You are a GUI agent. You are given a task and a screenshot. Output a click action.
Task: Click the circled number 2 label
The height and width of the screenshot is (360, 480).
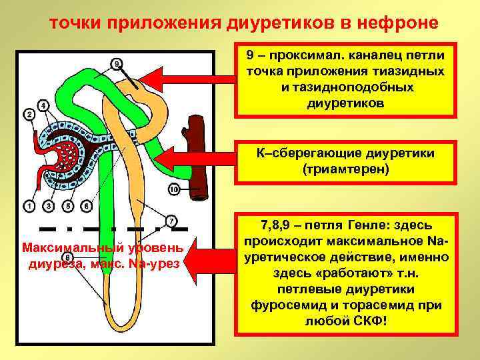point(29,114)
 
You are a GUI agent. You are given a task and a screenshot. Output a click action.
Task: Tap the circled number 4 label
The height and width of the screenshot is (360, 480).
point(43,105)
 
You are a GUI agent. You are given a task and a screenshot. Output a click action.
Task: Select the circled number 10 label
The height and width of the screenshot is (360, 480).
point(173,191)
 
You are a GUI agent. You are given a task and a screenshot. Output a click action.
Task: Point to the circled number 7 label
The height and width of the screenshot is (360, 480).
point(171,221)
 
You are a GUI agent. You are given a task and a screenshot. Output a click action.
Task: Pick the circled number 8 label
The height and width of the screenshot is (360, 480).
point(67,257)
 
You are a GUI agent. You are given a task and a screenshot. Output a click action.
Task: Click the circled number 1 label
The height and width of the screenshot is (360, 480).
point(29,206)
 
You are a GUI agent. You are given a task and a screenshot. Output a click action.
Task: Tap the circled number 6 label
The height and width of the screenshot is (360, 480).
point(86,206)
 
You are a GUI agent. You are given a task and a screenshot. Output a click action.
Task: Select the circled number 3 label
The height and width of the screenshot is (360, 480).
point(47,206)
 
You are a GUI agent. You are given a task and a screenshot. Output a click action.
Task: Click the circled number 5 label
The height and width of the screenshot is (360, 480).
point(67,206)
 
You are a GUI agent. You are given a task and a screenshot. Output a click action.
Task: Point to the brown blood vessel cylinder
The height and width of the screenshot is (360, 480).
point(197,157)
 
